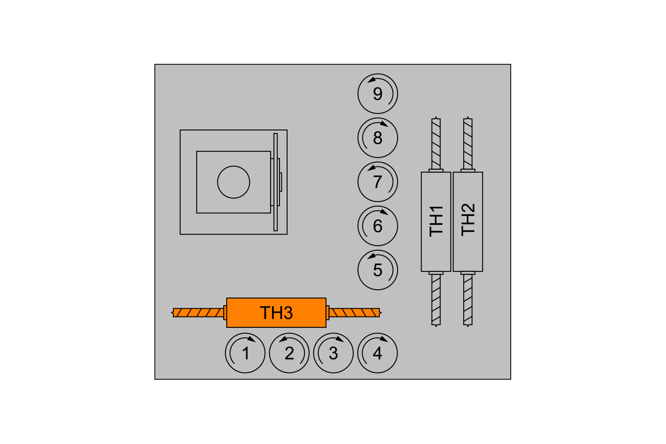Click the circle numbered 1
pos(245,353)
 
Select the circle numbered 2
pos(289,353)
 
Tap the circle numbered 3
pos(333,353)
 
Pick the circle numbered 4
pos(378,353)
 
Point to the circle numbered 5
pos(378,270)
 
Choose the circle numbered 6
pos(378,226)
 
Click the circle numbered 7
pos(378,182)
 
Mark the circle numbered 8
pos(378,138)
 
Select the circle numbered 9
pos(378,94)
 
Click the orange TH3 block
pos(276,313)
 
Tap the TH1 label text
pos(436,221)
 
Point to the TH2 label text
pos(468,220)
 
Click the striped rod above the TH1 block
pos(436,143)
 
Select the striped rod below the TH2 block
pos(468,299)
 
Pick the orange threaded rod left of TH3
pos(198,313)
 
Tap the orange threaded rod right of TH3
pos(354,313)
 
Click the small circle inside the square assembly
pos(233,182)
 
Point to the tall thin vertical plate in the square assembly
pos(276,182)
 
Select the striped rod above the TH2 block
pos(468,143)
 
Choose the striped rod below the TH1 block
pos(436,299)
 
